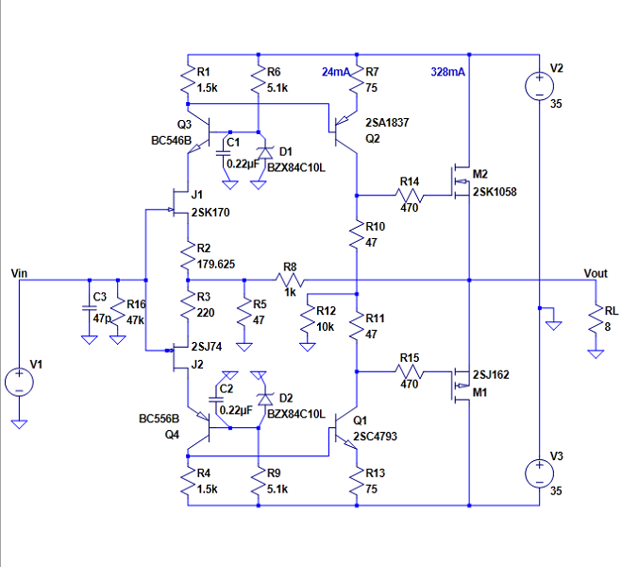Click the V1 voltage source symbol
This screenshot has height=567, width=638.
[x=18, y=382]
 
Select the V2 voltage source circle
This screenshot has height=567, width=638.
[x=537, y=85]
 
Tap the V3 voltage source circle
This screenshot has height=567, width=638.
[x=537, y=472]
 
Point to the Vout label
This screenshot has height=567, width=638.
[x=596, y=273]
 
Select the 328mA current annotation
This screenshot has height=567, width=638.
[x=447, y=72]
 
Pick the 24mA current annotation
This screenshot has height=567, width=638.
[x=336, y=72]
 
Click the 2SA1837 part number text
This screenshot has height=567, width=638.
[x=386, y=123]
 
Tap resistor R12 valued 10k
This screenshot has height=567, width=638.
[x=309, y=321]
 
